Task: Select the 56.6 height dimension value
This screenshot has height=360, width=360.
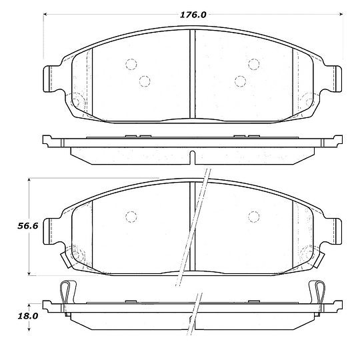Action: (28, 226)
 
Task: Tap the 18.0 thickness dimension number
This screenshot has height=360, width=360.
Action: (28, 316)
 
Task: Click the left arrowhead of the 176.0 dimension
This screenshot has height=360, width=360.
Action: (45, 14)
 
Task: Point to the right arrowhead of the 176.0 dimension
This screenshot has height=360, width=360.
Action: (341, 14)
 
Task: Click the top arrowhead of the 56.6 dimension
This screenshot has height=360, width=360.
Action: (29, 180)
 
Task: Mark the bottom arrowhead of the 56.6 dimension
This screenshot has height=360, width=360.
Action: (29, 273)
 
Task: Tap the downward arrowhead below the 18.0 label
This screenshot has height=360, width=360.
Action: (29, 329)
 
